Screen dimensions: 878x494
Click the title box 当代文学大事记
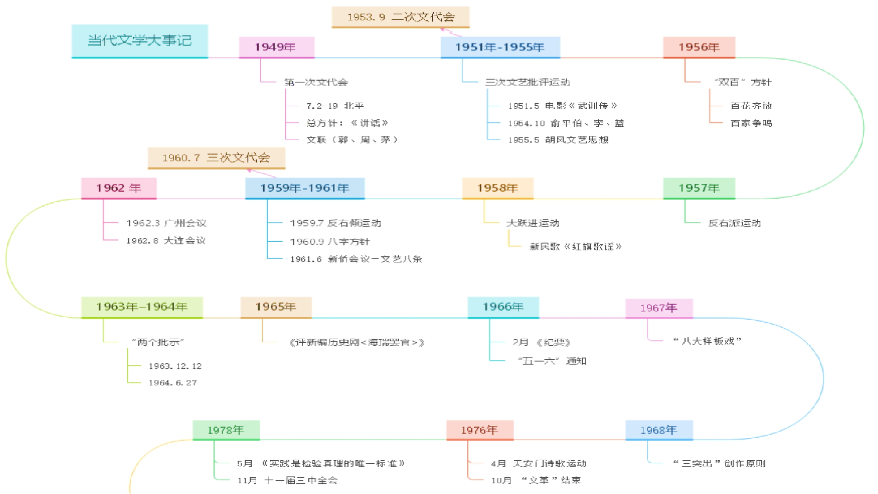pos(140,41)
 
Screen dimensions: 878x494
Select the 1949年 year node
pos(276,47)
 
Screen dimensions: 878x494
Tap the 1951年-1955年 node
pos(500,47)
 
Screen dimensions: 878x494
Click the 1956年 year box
pos(699,47)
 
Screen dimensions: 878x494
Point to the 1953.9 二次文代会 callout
pos(401,17)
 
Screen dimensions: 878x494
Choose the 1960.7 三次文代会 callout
pos(216,158)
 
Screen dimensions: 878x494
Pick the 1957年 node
pos(699,188)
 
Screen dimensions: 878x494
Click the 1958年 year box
pos(498,188)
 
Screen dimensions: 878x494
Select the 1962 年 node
pos(118,188)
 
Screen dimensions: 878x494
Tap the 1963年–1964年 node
pos(142,307)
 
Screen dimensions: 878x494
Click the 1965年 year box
pos(276,307)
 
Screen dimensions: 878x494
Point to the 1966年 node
pos(503,307)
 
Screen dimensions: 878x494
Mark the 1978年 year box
pos(226,430)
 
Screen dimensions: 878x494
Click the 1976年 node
pos(479,430)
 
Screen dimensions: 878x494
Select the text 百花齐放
pos(751,106)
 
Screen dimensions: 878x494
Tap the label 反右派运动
pos(734,223)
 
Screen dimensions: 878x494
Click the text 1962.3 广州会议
pos(166,223)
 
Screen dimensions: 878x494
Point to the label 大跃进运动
pos(533,223)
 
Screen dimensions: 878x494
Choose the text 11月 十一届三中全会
pos(287,480)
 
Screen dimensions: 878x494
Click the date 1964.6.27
pos(172,383)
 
